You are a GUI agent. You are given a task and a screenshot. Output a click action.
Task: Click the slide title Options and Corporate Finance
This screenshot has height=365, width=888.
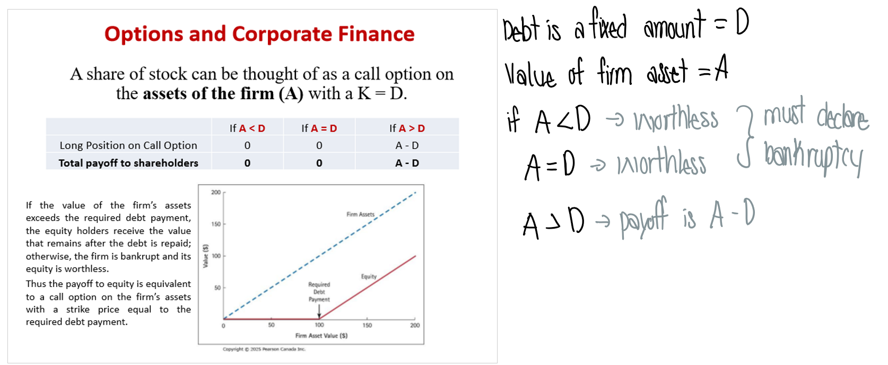point(259,34)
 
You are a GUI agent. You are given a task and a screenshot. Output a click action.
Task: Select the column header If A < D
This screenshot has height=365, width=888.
point(247,128)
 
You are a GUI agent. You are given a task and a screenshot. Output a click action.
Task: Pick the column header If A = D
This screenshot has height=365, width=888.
point(319,128)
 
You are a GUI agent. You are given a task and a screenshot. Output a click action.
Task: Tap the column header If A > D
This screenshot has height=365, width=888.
point(407,128)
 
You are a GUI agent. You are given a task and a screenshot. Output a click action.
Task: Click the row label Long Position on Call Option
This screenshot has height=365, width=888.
point(128,145)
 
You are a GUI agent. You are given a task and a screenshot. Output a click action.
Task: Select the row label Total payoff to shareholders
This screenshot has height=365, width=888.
point(128,163)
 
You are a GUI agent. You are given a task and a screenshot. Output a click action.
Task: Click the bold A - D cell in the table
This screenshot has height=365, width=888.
point(407,163)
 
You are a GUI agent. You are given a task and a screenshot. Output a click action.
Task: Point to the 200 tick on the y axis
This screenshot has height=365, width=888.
point(216,192)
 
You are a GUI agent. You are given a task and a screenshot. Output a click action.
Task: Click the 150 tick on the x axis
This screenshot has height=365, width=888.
point(367,325)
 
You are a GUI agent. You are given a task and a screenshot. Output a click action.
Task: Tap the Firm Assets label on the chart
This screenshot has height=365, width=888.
point(360,214)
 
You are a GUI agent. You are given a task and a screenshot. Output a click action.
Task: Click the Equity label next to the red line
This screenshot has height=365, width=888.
point(369,276)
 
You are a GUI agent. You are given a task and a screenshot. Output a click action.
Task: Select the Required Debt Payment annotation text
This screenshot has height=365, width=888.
point(319,292)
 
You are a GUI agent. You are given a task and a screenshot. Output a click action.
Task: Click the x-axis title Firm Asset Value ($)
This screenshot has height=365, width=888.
point(321,335)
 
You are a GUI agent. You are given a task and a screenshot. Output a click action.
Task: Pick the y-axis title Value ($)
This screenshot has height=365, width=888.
point(206,256)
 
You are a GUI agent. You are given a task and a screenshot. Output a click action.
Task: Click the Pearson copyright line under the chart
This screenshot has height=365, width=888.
point(264,349)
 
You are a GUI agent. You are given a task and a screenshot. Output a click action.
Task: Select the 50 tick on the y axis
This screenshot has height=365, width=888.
point(217,288)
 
